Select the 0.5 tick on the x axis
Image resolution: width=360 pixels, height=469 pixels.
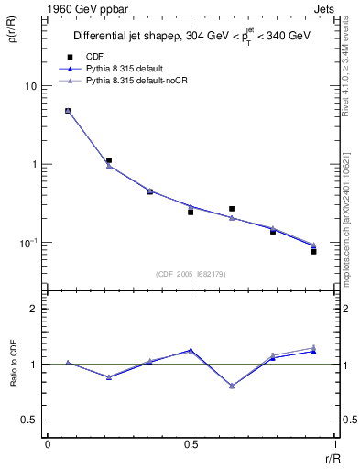[x=191, y=444]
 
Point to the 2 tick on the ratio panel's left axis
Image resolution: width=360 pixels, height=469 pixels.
[x=34, y=310]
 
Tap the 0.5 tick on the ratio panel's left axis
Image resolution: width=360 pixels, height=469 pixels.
[x=30, y=420]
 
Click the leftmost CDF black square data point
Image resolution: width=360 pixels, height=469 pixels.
[x=68, y=111]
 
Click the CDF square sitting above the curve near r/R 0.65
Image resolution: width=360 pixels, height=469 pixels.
[x=232, y=209]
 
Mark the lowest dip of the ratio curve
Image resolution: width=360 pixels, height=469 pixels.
[x=232, y=386]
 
